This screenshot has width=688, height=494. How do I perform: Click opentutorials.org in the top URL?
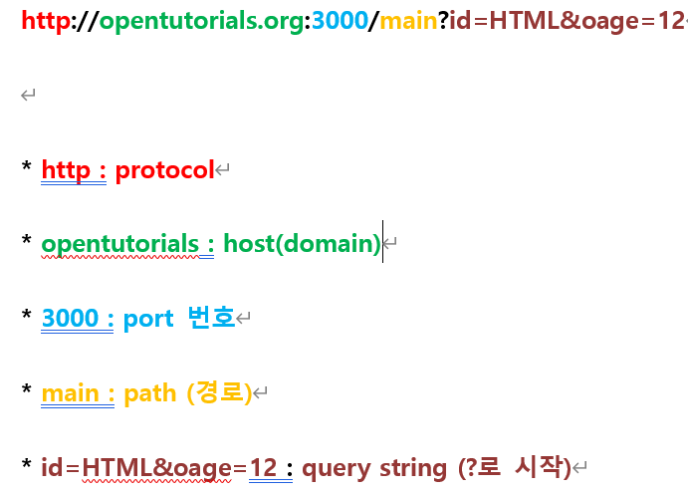pyautogui.click(x=202, y=21)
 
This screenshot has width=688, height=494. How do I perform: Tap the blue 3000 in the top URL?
pyautogui.click(x=340, y=21)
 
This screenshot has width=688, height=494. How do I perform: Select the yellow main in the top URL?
pyautogui.click(x=407, y=21)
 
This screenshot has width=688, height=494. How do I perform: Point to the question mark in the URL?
pyautogui.click(x=443, y=21)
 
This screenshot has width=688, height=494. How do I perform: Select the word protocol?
pyautogui.click(x=164, y=170)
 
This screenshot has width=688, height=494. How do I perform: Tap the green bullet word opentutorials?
pyautogui.click(x=119, y=244)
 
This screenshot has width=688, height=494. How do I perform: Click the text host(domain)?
pyautogui.click(x=302, y=244)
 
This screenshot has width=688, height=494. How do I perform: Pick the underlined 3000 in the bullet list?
pyautogui.click(x=71, y=319)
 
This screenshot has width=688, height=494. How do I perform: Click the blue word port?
pyautogui.click(x=148, y=319)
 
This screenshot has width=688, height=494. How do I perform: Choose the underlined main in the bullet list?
pyautogui.click(x=71, y=393)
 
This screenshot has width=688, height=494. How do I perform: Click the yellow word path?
pyautogui.click(x=150, y=393)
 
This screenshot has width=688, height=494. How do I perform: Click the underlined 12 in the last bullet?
pyautogui.click(x=263, y=467)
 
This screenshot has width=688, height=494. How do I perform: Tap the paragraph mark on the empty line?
pyautogui.click(x=28, y=96)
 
